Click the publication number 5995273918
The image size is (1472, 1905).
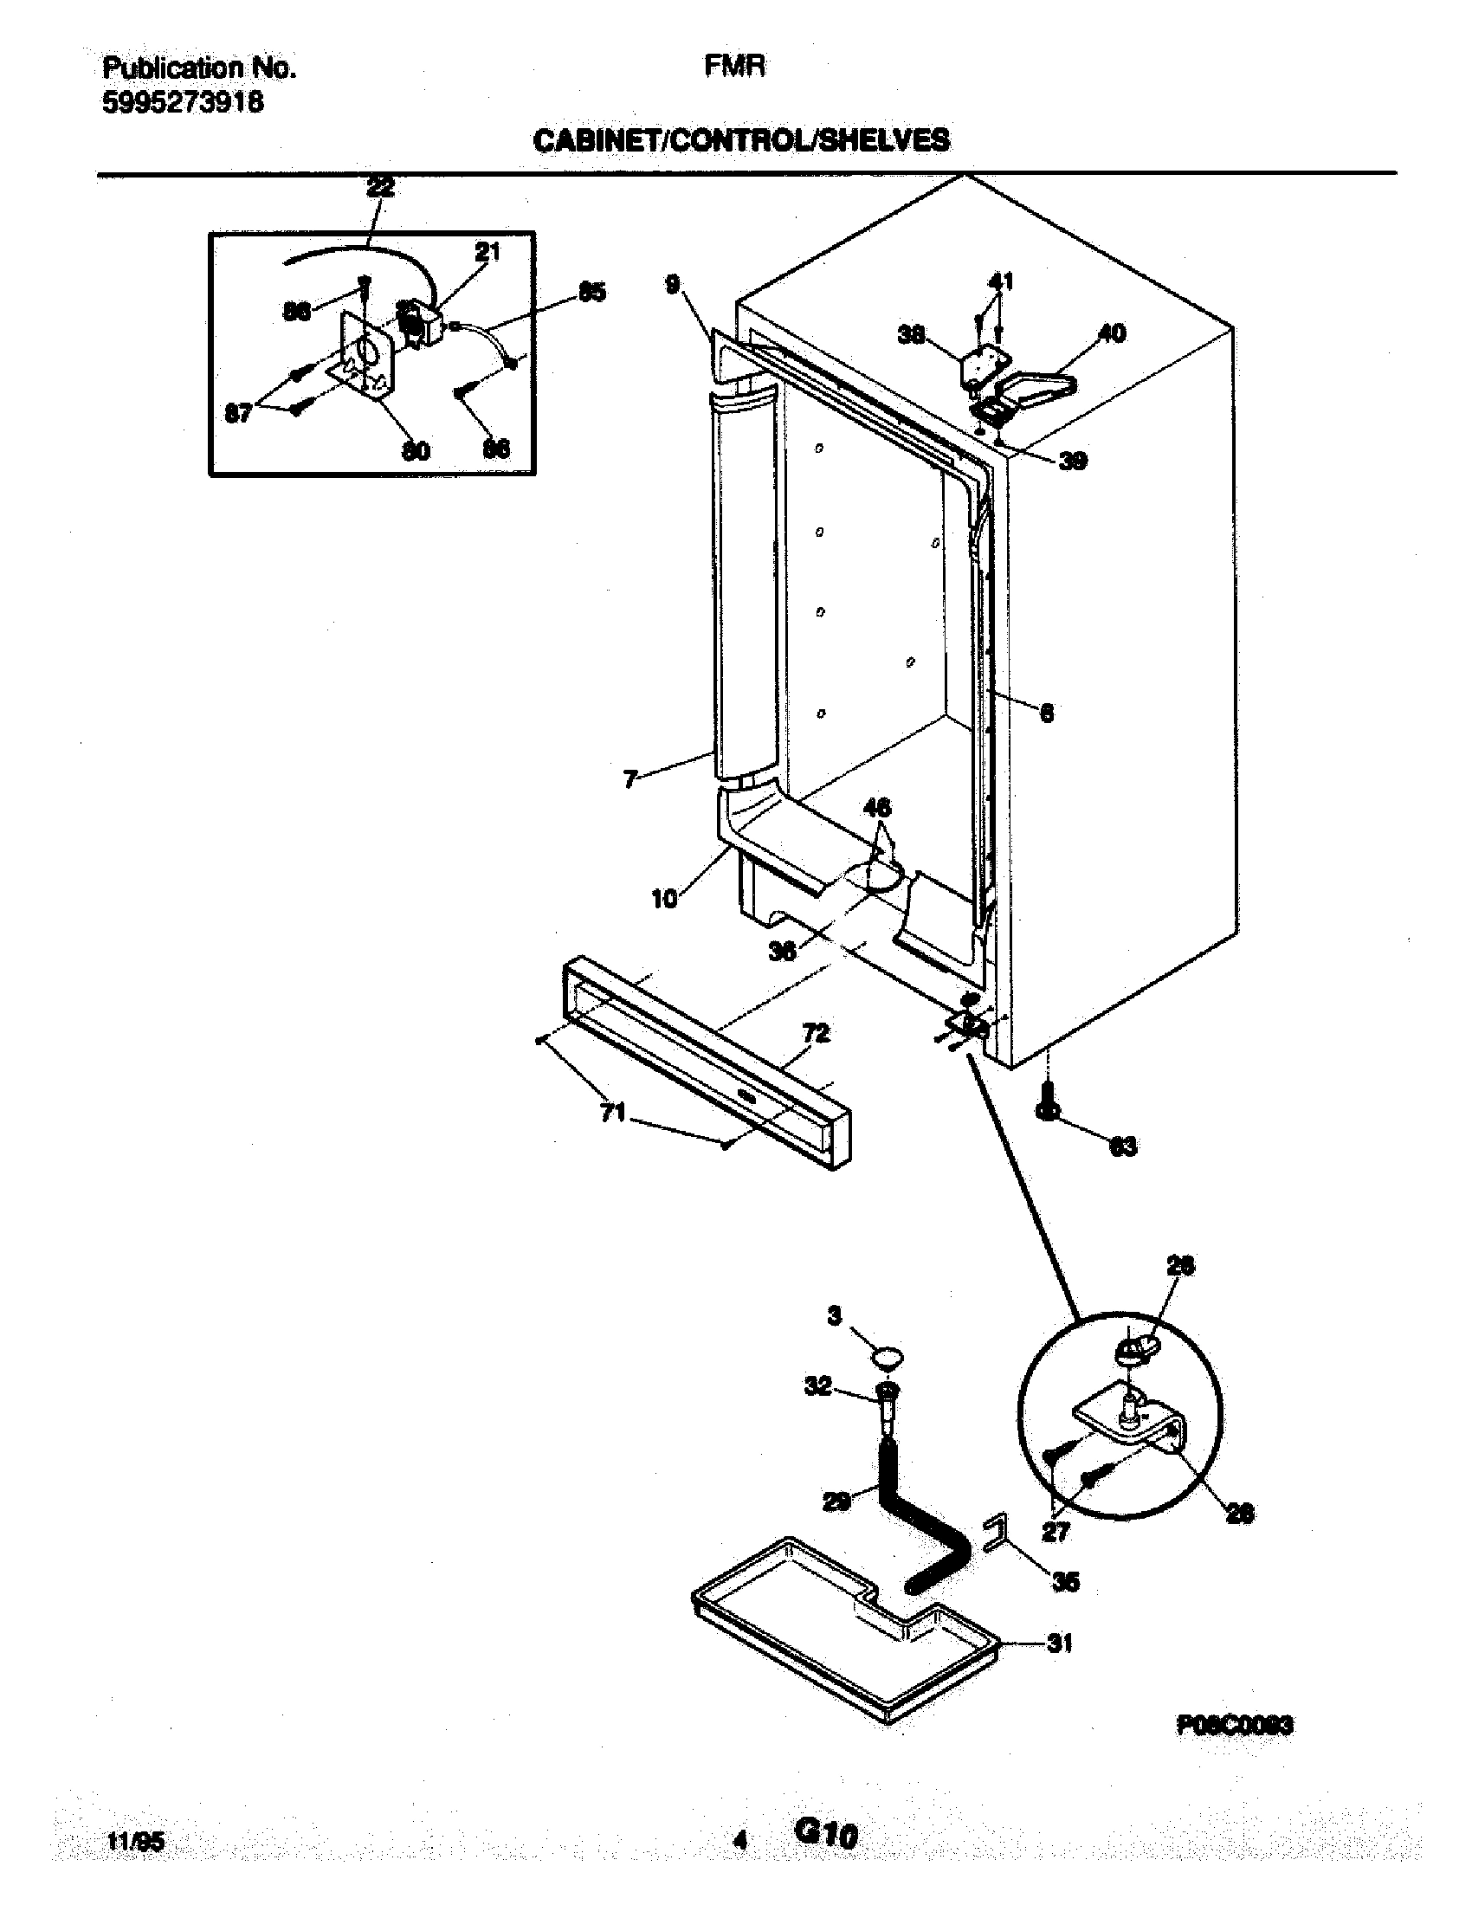[183, 103]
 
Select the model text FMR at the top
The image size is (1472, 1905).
[735, 68]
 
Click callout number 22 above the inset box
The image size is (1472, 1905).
[380, 188]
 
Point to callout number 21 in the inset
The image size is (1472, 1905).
[487, 252]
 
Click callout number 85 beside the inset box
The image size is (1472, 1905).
[591, 292]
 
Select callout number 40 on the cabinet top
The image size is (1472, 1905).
[1111, 333]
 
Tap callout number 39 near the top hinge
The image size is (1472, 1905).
[1073, 461]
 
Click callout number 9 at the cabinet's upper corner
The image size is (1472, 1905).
[672, 284]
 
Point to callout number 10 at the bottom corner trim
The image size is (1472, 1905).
[664, 899]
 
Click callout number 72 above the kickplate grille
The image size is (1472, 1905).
[816, 1034]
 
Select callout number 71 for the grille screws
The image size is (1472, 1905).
[613, 1112]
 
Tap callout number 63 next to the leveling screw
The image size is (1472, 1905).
[1123, 1147]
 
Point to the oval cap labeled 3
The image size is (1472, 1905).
[887, 1355]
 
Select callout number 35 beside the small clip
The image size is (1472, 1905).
[1066, 1581]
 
